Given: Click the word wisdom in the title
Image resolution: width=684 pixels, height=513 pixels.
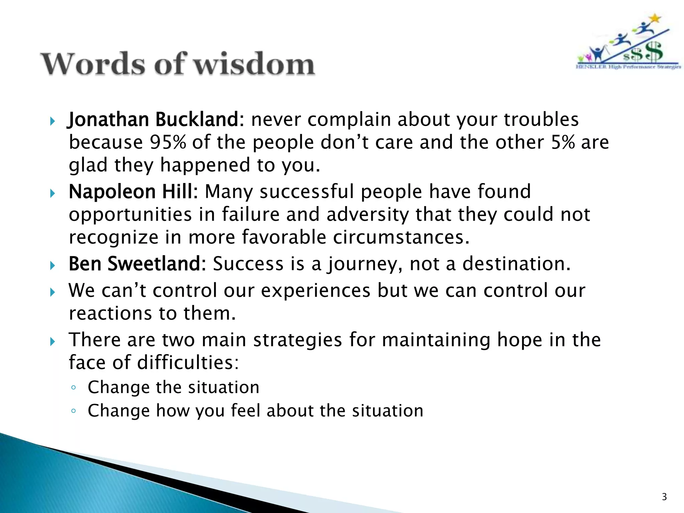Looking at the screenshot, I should click(254, 63).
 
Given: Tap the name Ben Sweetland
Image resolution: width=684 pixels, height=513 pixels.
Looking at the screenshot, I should click(137, 264).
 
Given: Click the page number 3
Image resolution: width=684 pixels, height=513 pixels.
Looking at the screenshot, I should click(664, 497).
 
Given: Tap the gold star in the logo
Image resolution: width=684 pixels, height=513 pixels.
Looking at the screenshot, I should click(656, 18).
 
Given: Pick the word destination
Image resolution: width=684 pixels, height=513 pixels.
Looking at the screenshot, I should click(516, 264).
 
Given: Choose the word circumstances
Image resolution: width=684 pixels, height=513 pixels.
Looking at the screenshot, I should click(401, 237).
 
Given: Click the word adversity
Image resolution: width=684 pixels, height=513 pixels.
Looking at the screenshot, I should click(367, 214).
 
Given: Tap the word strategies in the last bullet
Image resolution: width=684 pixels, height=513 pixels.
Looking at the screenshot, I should click(297, 340).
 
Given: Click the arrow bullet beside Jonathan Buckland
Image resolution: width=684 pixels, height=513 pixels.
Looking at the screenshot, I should click(52, 121).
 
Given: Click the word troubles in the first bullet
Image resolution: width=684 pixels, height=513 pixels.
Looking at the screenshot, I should click(541, 120).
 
